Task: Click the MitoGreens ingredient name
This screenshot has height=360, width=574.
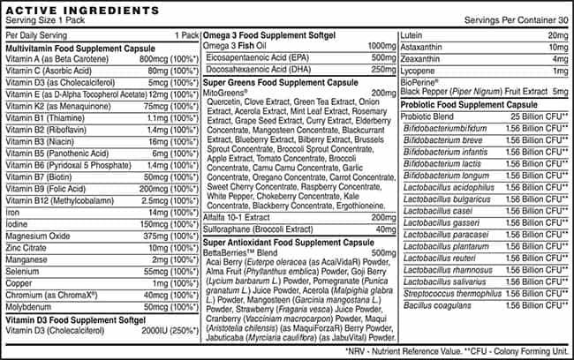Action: [224, 92]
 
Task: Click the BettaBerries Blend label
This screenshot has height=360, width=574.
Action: [237, 251]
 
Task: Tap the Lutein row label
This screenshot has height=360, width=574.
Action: [412, 34]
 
